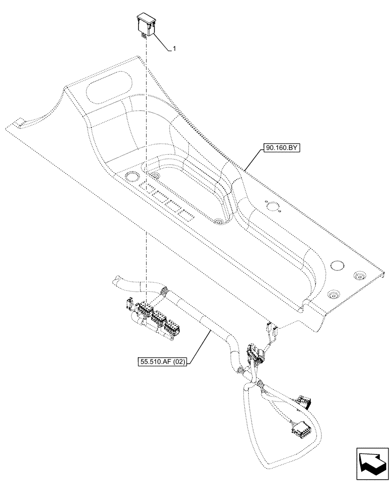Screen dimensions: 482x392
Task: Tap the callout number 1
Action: (174, 49)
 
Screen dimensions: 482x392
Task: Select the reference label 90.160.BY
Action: (282, 149)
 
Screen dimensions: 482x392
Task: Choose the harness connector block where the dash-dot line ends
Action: (144, 309)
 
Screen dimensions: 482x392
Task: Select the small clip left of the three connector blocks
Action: (128, 304)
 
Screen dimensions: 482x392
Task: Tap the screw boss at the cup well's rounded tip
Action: (218, 222)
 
